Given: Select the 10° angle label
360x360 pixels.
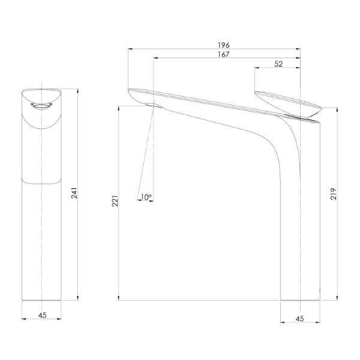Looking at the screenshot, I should click(145, 197).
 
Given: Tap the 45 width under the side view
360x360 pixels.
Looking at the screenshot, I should click(300, 319).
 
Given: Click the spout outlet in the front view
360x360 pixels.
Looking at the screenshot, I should click(41, 107).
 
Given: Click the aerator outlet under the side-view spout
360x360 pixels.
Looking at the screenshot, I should click(153, 106).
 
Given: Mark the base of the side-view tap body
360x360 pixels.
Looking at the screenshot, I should click(300, 299).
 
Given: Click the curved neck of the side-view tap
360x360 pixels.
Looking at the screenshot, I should click(282, 144).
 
